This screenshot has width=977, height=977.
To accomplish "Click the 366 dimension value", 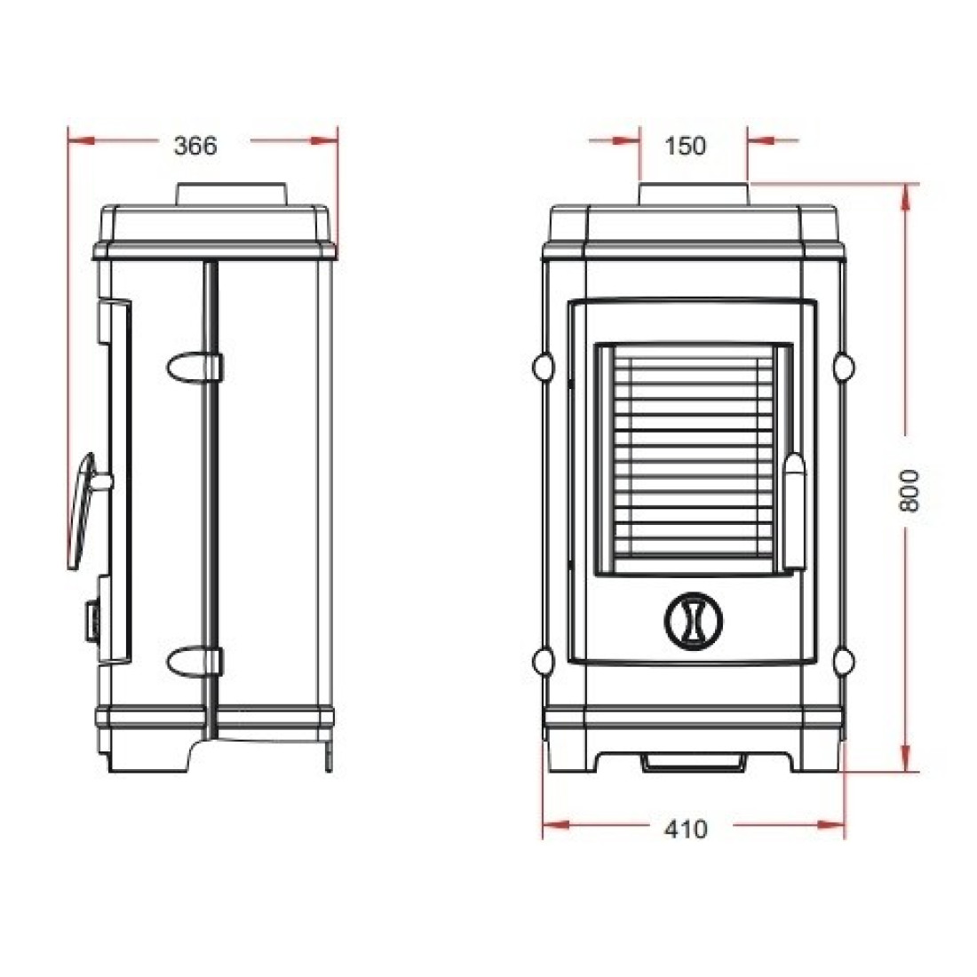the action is (x=195, y=146).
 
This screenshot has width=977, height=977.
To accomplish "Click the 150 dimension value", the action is (x=685, y=146).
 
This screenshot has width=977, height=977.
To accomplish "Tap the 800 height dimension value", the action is (x=909, y=490).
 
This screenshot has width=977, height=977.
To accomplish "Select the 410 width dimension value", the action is (x=686, y=829).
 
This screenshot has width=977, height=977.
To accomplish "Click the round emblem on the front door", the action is (x=694, y=621).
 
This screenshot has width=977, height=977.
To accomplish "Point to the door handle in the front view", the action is (x=794, y=511).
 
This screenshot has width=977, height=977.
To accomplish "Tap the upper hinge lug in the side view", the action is (x=195, y=367).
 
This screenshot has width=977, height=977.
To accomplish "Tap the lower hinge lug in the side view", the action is (x=195, y=661).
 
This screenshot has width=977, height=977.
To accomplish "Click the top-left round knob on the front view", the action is (x=544, y=367).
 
